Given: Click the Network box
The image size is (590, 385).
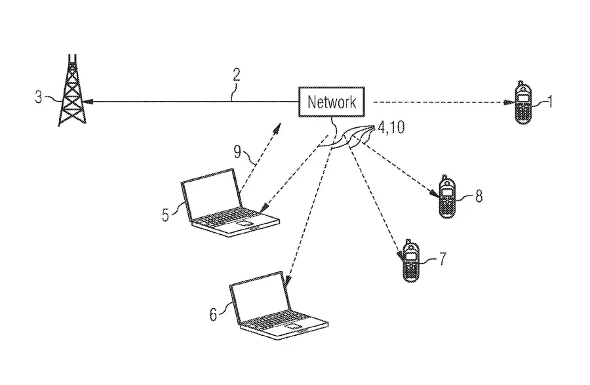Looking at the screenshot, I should (x=332, y=102).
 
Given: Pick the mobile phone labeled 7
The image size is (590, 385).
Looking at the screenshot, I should (x=411, y=261).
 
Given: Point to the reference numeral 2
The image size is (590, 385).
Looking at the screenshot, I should (x=236, y=73).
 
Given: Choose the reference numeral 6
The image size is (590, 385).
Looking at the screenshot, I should (x=212, y=314).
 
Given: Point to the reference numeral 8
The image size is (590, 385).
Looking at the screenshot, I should (x=479, y=195).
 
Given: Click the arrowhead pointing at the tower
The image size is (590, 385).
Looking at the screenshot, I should (x=88, y=102).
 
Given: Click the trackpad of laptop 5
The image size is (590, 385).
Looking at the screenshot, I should (x=245, y=225).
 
